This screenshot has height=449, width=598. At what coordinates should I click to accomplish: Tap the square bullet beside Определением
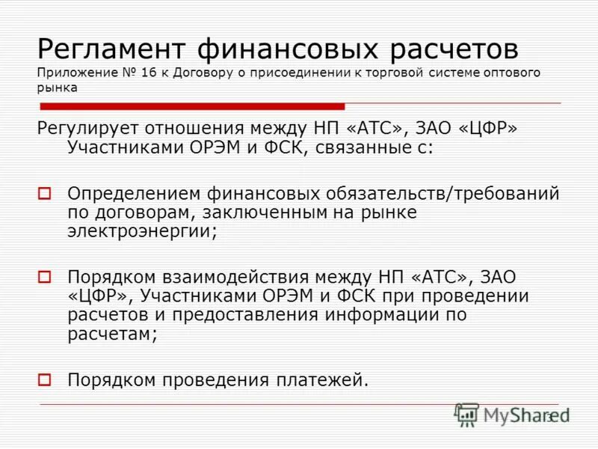click(44, 194)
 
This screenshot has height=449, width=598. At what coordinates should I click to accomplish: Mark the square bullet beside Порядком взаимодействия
click(44, 277)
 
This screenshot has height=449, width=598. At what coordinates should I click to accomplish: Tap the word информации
click(383, 314)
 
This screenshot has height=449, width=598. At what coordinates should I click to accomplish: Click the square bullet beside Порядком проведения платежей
click(44, 379)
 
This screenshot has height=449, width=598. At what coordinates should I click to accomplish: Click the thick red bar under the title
click(191, 106)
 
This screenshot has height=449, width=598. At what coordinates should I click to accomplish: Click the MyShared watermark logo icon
click(467, 415)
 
